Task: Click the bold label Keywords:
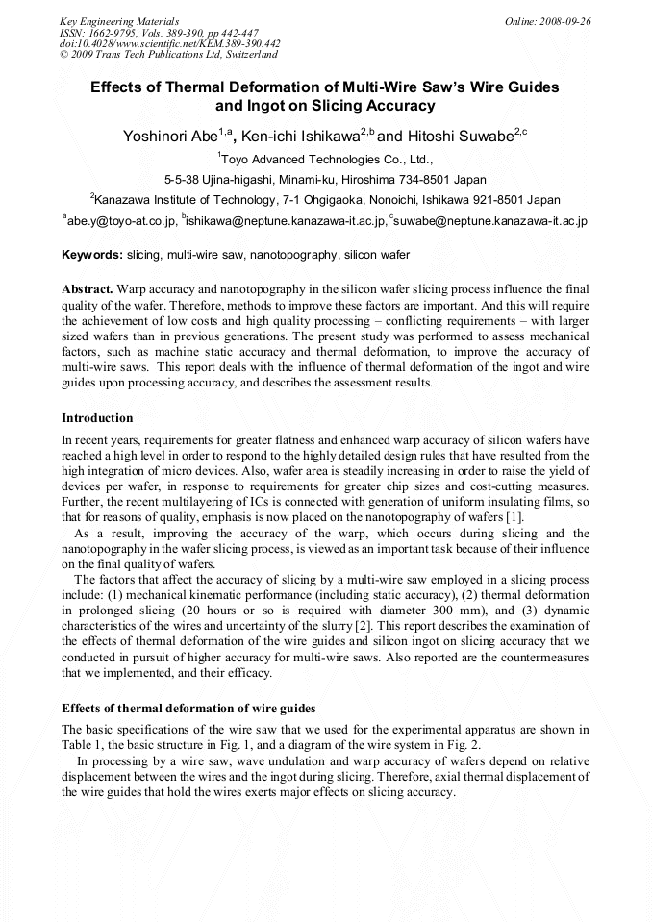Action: coord(92,255)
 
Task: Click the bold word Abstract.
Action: coord(88,289)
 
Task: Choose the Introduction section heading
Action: coord(97,418)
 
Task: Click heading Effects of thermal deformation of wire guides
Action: coord(188,709)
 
